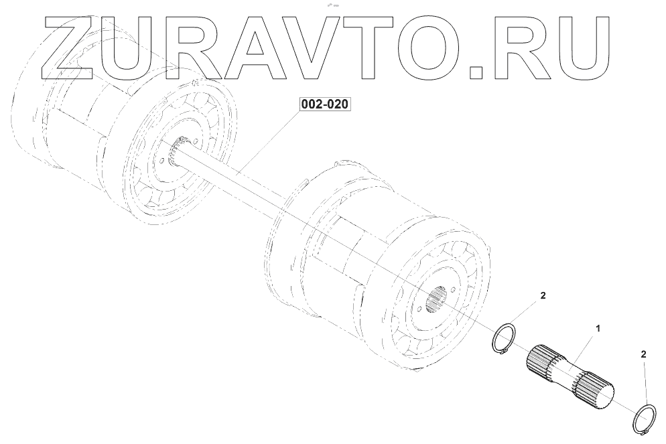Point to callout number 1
coord(598,327)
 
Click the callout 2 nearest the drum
coord(543,295)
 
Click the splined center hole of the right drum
coord(438,299)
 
